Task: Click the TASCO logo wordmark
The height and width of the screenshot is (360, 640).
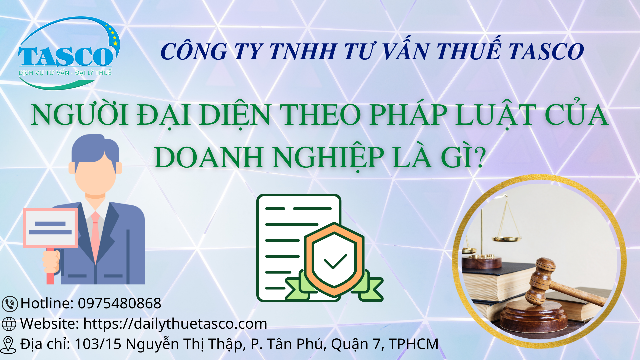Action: tap(66, 56)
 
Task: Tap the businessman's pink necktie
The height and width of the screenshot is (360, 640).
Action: tap(95, 237)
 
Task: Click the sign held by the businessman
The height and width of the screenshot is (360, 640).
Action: tap(50, 228)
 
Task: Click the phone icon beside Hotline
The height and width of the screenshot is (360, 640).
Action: tap(10, 304)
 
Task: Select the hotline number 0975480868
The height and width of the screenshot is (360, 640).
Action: tap(119, 303)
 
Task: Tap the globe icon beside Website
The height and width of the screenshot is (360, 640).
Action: tap(9, 324)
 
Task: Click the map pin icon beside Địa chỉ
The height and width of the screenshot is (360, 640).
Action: tap(8, 345)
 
